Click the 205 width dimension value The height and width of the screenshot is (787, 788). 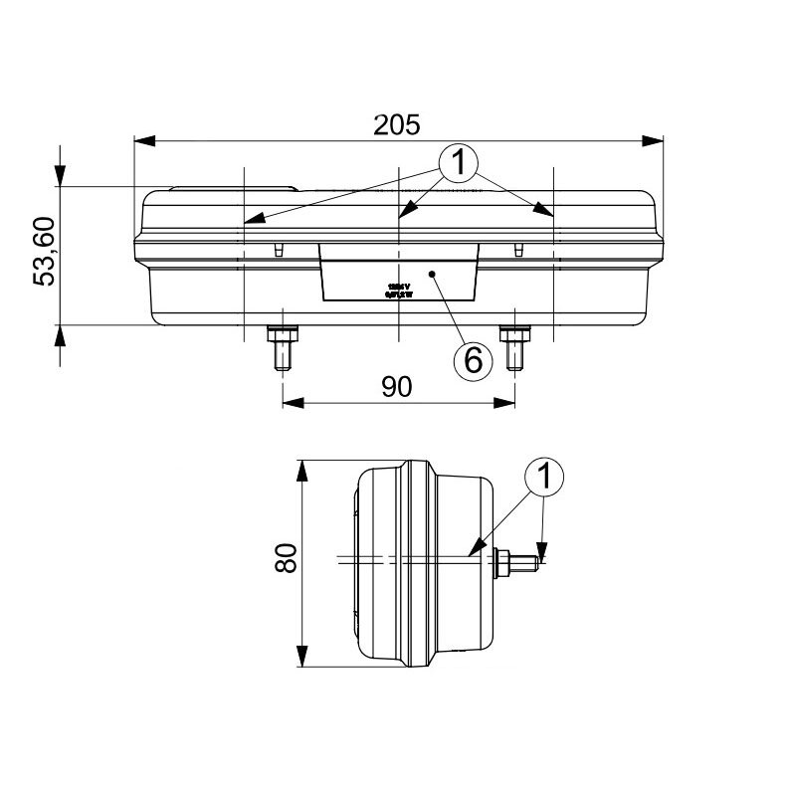398,123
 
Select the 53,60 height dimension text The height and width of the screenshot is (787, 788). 46,253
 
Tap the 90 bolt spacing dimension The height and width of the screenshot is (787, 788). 397,386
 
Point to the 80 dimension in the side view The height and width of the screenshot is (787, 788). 286,559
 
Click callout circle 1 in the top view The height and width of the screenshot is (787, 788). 459,163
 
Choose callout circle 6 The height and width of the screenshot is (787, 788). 473,359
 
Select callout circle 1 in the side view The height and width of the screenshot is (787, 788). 544,479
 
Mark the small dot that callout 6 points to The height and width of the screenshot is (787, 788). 432,272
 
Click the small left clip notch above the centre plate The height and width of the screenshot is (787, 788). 280,249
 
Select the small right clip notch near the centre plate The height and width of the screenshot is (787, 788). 517,249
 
